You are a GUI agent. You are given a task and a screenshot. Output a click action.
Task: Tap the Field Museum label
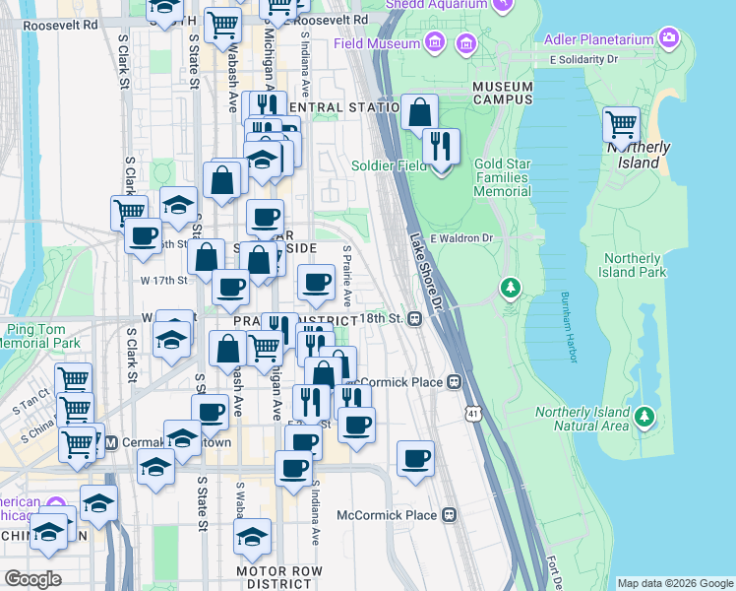click(385, 43)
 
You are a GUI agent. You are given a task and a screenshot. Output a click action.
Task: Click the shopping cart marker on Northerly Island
click(622, 125)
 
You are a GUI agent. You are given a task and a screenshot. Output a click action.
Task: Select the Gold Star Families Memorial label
click(502, 176)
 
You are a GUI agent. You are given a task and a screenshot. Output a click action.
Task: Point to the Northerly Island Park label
click(635, 265)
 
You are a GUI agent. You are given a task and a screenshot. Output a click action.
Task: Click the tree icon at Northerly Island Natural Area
click(644, 417)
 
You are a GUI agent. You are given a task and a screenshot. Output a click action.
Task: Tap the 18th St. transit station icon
click(416, 319)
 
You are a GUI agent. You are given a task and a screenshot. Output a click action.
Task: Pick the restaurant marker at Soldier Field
click(441, 148)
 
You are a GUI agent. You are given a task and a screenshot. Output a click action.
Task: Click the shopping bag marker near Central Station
click(420, 111)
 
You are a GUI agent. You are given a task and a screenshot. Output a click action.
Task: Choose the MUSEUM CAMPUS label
click(503, 94)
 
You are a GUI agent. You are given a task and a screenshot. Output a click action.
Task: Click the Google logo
click(31, 578)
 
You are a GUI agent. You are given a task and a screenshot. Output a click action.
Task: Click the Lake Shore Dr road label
click(427, 260)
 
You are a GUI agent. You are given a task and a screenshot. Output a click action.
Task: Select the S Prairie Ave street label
click(347, 277)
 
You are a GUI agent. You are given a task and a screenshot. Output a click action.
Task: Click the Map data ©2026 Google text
click(674, 583)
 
